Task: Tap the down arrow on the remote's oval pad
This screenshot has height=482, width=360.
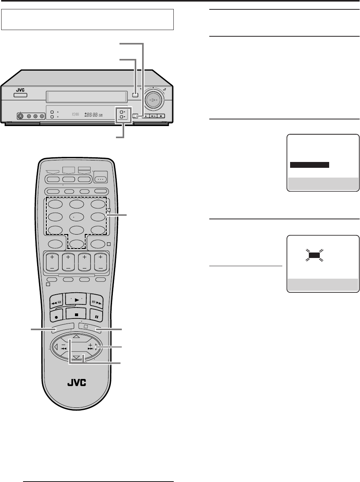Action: [x=77, y=357]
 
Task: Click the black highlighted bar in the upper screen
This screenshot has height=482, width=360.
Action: [x=310, y=165]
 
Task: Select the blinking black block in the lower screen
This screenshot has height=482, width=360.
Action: [x=314, y=256]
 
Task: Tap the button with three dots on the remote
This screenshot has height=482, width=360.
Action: [x=101, y=177]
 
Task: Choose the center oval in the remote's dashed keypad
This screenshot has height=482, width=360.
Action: [x=77, y=217]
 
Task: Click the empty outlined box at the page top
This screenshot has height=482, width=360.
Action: [x=87, y=20]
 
